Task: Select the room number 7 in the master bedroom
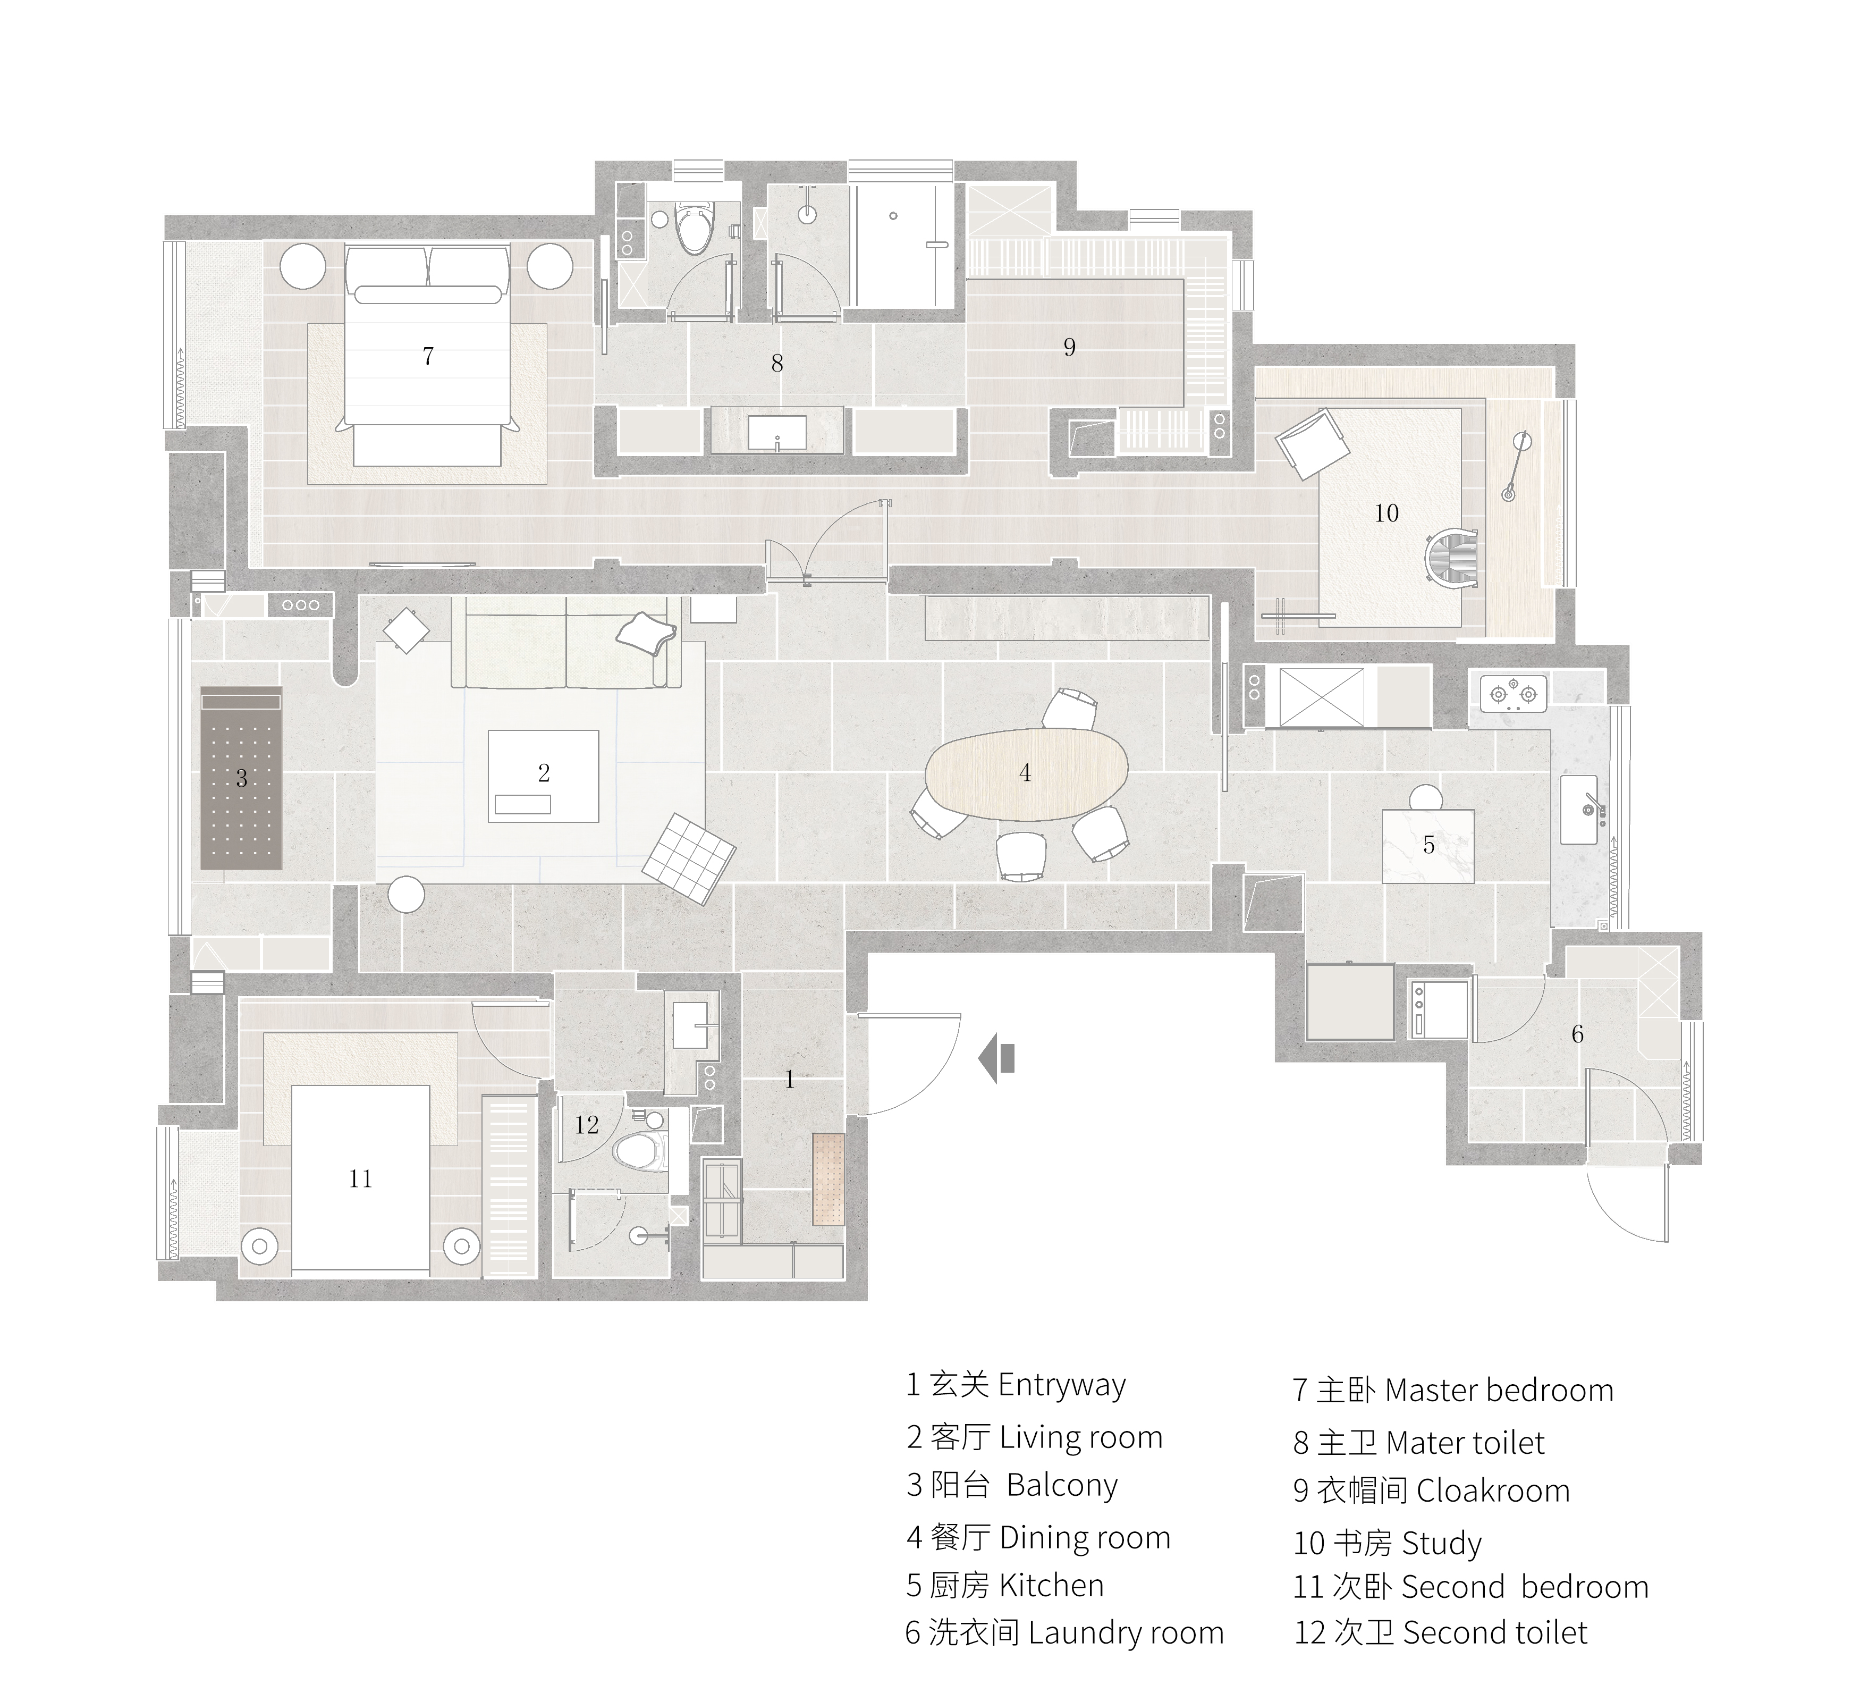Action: click(428, 356)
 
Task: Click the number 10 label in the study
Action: click(1386, 513)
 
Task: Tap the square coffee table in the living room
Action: click(544, 775)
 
